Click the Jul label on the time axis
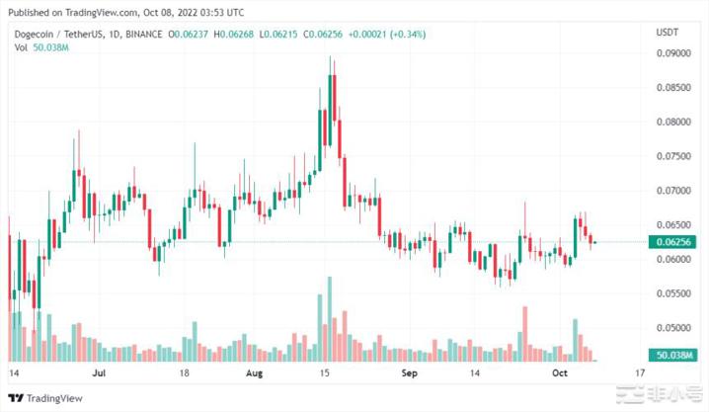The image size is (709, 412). [100, 375]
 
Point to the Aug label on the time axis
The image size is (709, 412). [255, 375]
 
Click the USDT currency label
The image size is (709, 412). [667, 33]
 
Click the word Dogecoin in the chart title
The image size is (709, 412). [29, 33]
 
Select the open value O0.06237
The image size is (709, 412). [188, 33]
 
